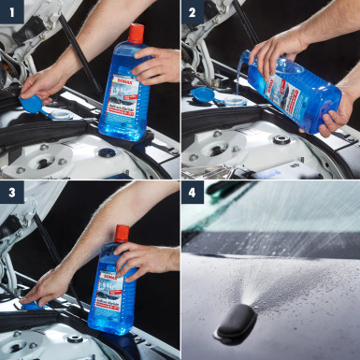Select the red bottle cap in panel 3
pyautogui.click(x=122, y=233)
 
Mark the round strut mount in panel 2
pyautogui.click(x=281, y=140)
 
